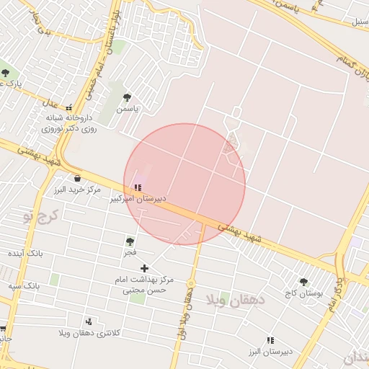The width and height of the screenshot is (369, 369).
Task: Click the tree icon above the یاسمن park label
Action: pyautogui.click(x=128, y=97)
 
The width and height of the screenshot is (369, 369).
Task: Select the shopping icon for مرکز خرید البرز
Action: pyautogui.click(x=76, y=179)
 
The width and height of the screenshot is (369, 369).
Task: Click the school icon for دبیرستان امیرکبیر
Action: pyautogui.click(x=138, y=187)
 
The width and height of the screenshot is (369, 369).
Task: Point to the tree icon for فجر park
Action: pyautogui.click(x=130, y=241)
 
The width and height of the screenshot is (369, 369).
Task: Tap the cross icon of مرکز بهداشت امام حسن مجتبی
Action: pyautogui.click(x=144, y=268)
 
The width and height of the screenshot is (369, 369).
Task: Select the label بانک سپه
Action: pyautogui.click(x=25, y=286)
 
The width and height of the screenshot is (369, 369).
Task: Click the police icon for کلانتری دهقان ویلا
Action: pyautogui.click(x=89, y=321)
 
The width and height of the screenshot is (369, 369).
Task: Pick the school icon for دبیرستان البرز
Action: pyautogui.click(x=270, y=340)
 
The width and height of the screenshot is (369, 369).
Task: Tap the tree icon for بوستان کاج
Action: pyautogui.click(x=303, y=282)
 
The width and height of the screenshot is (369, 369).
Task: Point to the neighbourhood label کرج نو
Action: pyautogui.click(x=40, y=215)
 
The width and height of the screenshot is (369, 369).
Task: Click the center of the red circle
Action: pyautogui.click(x=184, y=184)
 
